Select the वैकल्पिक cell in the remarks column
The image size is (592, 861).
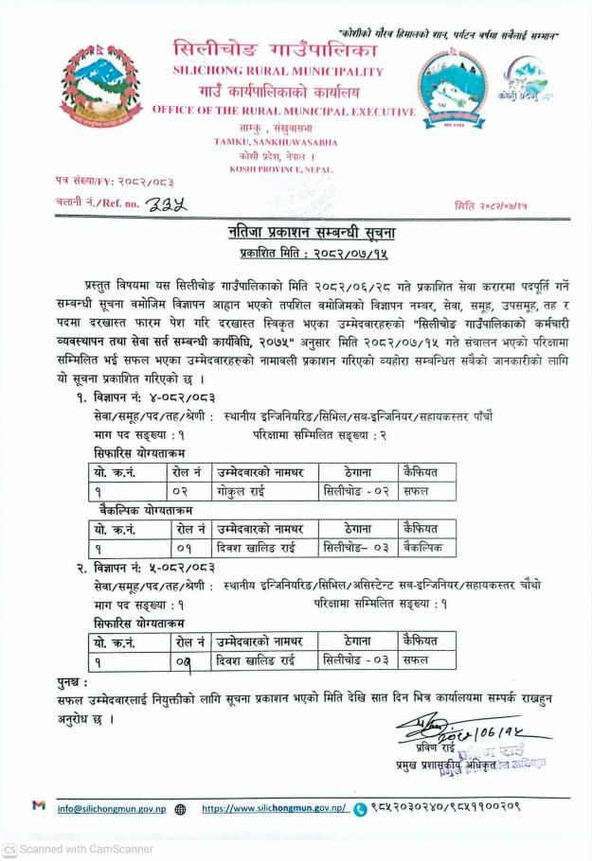(x=425, y=549)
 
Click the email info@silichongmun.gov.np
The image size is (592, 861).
(x=112, y=809)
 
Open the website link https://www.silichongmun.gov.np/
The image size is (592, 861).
(x=274, y=809)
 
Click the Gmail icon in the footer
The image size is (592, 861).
(x=38, y=808)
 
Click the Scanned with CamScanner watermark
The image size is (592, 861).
(x=81, y=849)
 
